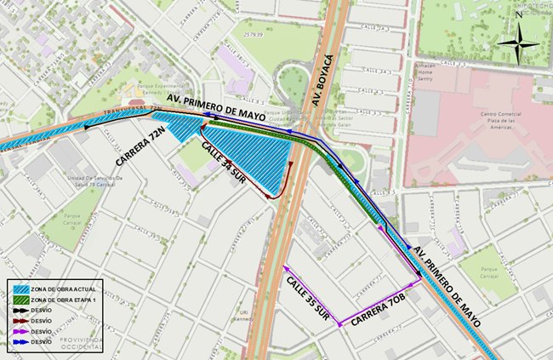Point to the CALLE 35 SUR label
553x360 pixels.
[309, 298]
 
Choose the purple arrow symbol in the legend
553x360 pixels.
[21, 331]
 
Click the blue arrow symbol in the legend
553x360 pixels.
[21, 340]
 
